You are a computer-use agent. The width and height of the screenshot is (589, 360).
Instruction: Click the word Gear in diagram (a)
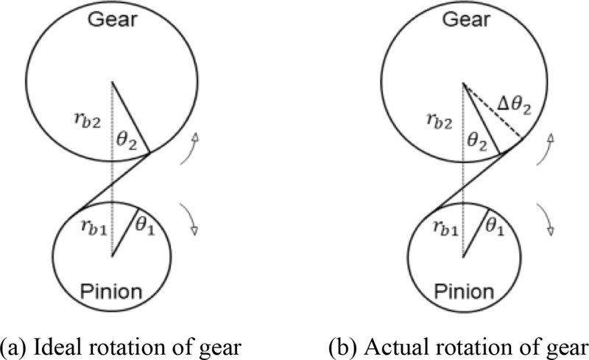112,20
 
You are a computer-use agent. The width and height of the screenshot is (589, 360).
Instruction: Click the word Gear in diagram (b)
463,20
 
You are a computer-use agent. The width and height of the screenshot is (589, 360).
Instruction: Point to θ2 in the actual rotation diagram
479,137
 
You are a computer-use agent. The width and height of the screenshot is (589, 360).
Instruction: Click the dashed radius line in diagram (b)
493,110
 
